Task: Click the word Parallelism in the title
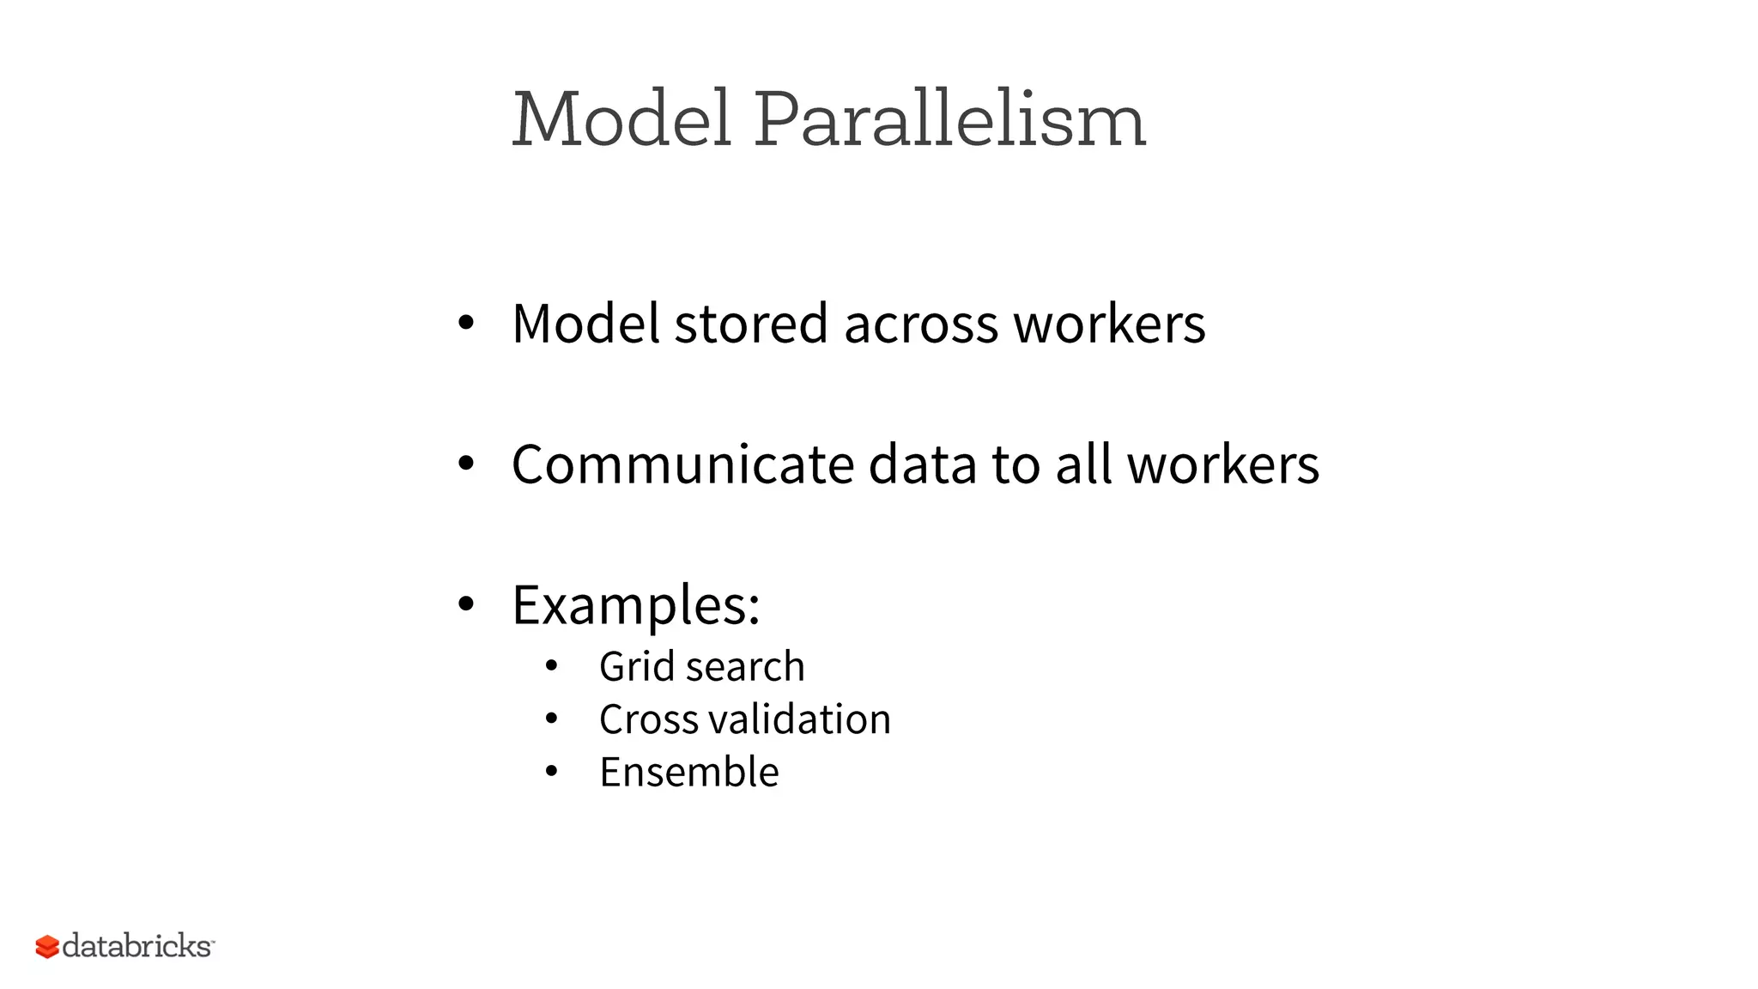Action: tap(950, 120)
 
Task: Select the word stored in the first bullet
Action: tap(751, 325)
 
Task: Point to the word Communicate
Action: tap(683, 465)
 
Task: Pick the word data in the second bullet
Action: tap(922, 465)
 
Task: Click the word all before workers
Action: tap(1082, 465)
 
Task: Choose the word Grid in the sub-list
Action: tap(636, 667)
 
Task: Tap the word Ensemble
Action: tap(689, 772)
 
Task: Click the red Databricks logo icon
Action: tap(47, 947)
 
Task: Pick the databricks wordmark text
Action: tap(136, 946)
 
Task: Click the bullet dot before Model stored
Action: tap(465, 324)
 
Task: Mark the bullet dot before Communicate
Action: tap(465, 464)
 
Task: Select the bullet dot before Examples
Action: tap(465, 604)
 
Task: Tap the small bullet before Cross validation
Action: tap(551, 719)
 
